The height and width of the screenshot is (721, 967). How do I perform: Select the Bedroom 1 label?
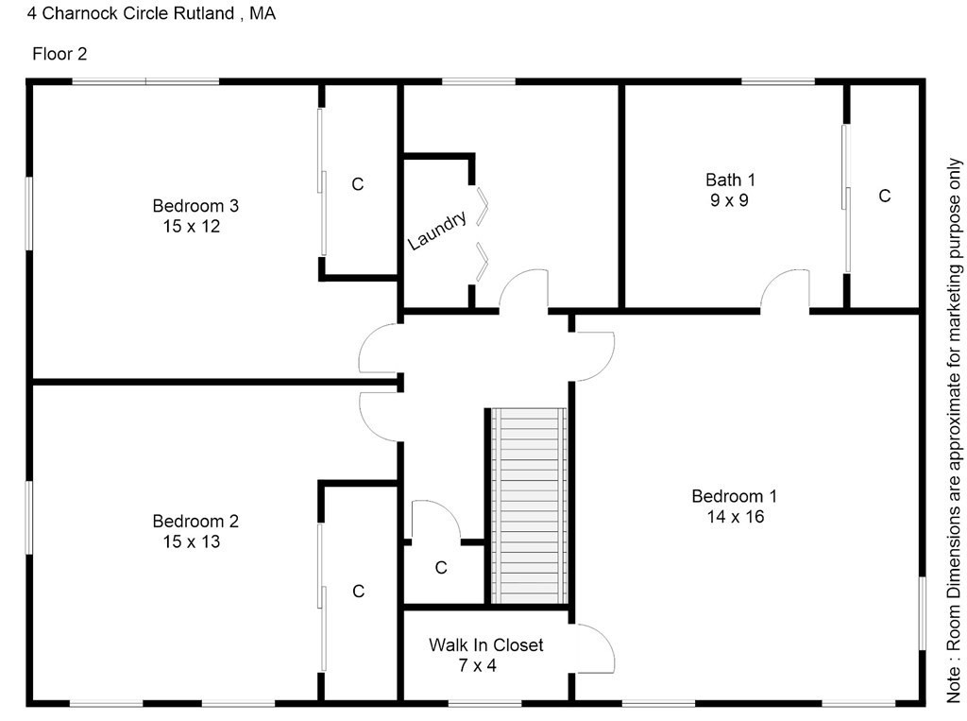[734, 496]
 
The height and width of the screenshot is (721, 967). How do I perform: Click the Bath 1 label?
[730, 180]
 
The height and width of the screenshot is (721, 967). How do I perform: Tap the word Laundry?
[437, 231]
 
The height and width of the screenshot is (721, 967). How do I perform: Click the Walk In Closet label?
[485, 645]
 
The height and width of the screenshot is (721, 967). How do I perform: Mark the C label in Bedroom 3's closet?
[357, 184]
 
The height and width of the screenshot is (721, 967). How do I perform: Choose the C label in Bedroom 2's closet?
[358, 592]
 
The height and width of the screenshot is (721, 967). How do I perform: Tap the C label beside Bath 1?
[884, 196]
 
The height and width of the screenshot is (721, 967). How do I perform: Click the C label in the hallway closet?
[440, 568]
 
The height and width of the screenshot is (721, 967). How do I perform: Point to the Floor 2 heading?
[59, 54]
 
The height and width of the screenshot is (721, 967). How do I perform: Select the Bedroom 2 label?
[195, 521]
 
